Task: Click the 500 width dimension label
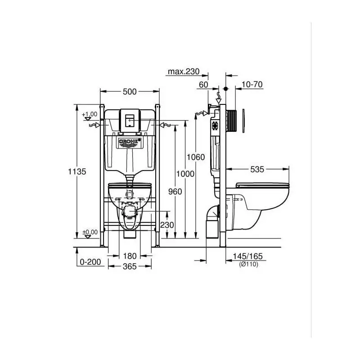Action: click(x=130, y=92)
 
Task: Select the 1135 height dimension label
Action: click(x=77, y=171)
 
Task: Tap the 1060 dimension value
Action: click(x=196, y=157)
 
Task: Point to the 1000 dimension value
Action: click(x=185, y=174)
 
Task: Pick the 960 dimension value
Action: click(x=175, y=192)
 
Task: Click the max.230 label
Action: click(x=184, y=72)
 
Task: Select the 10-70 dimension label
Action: click(x=252, y=85)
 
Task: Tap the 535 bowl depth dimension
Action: click(x=257, y=170)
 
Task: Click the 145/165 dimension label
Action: click(x=248, y=256)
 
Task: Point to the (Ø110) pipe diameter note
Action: click(x=249, y=264)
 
